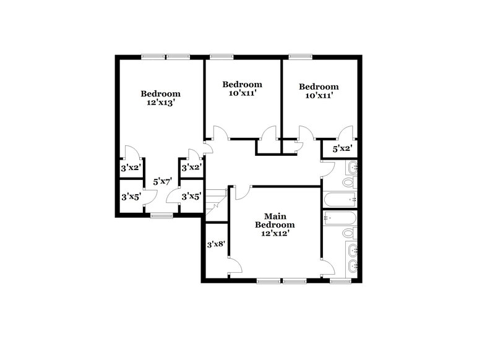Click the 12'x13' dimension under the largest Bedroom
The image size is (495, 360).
160,103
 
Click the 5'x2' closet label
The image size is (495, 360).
342,148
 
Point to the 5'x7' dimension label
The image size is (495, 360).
162,182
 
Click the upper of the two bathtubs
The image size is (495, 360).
341,199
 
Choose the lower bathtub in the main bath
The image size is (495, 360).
341,218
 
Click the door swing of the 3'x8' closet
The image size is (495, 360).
235,266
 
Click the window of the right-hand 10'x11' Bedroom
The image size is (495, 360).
301,57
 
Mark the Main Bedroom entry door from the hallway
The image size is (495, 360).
243,192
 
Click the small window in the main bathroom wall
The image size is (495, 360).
339,281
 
